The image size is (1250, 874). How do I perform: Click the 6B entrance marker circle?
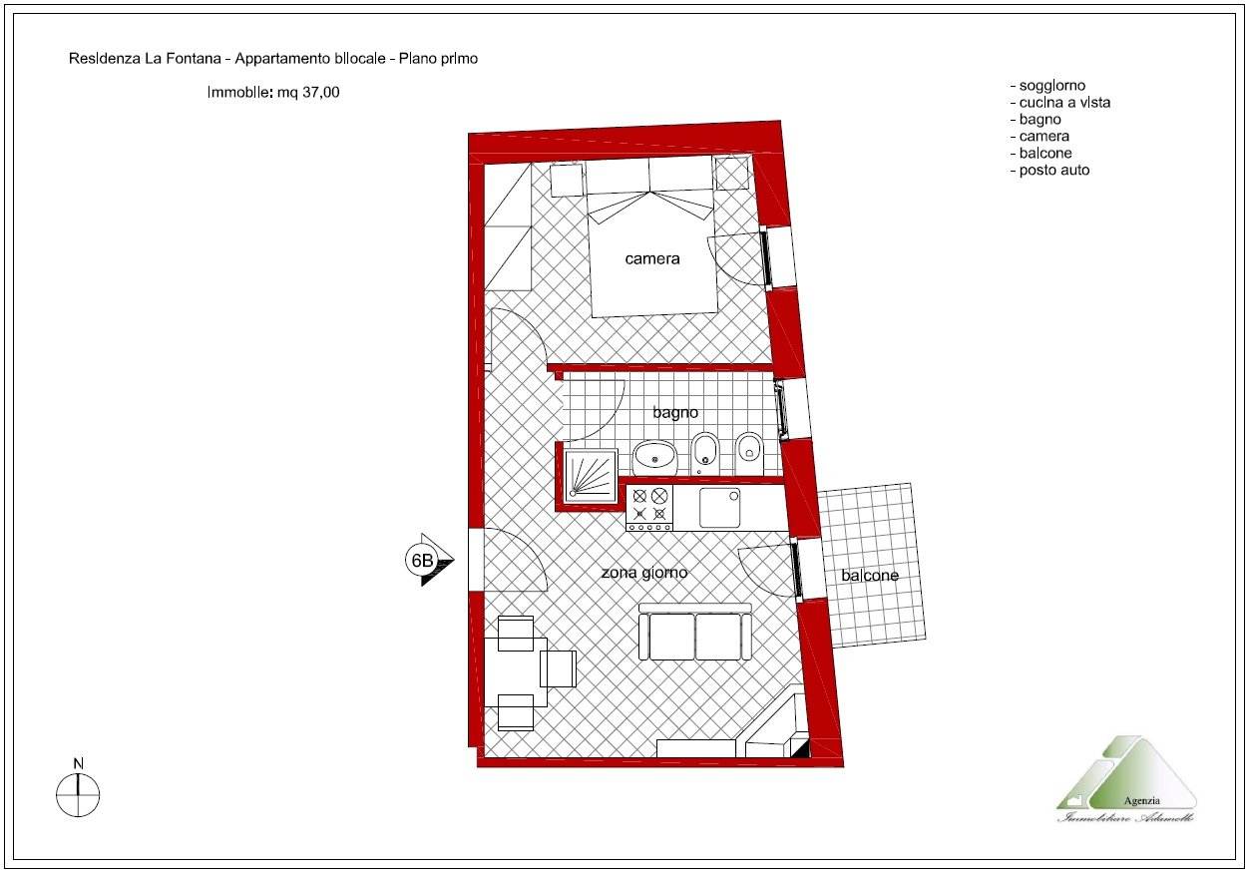pyautogui.click(x=422, y=560)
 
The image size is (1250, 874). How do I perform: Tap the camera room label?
pyautogui.click(x=651, y=259)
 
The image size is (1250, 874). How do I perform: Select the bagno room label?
pyautogui.click(x=675, y=413)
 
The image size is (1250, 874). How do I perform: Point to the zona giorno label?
pyautogui.click(x=644, y=573)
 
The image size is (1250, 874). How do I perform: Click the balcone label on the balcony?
pyautogui.click(x=870, y=575)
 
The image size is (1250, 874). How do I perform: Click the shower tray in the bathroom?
pyautogui.click(x=591, y=475)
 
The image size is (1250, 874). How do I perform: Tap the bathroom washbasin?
pyautogui.click(x=654, y=458)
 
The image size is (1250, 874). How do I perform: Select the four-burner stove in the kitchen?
pyautogui.click(x=649, y=507)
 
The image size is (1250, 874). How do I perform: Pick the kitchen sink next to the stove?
pyautogui.click(x=720, y=508)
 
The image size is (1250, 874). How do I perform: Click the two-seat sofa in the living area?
pyautogui.click(x=694, y=632)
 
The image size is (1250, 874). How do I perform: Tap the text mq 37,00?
pyautogui.click(x=308, y=92)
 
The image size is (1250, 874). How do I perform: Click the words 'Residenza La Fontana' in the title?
pyautogui.click(x=145, y=59)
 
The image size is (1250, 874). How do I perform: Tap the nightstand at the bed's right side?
pyautogui.click(x=732, y=173)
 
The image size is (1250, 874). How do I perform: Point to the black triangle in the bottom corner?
pyautogui.click(x=802, y=749)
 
